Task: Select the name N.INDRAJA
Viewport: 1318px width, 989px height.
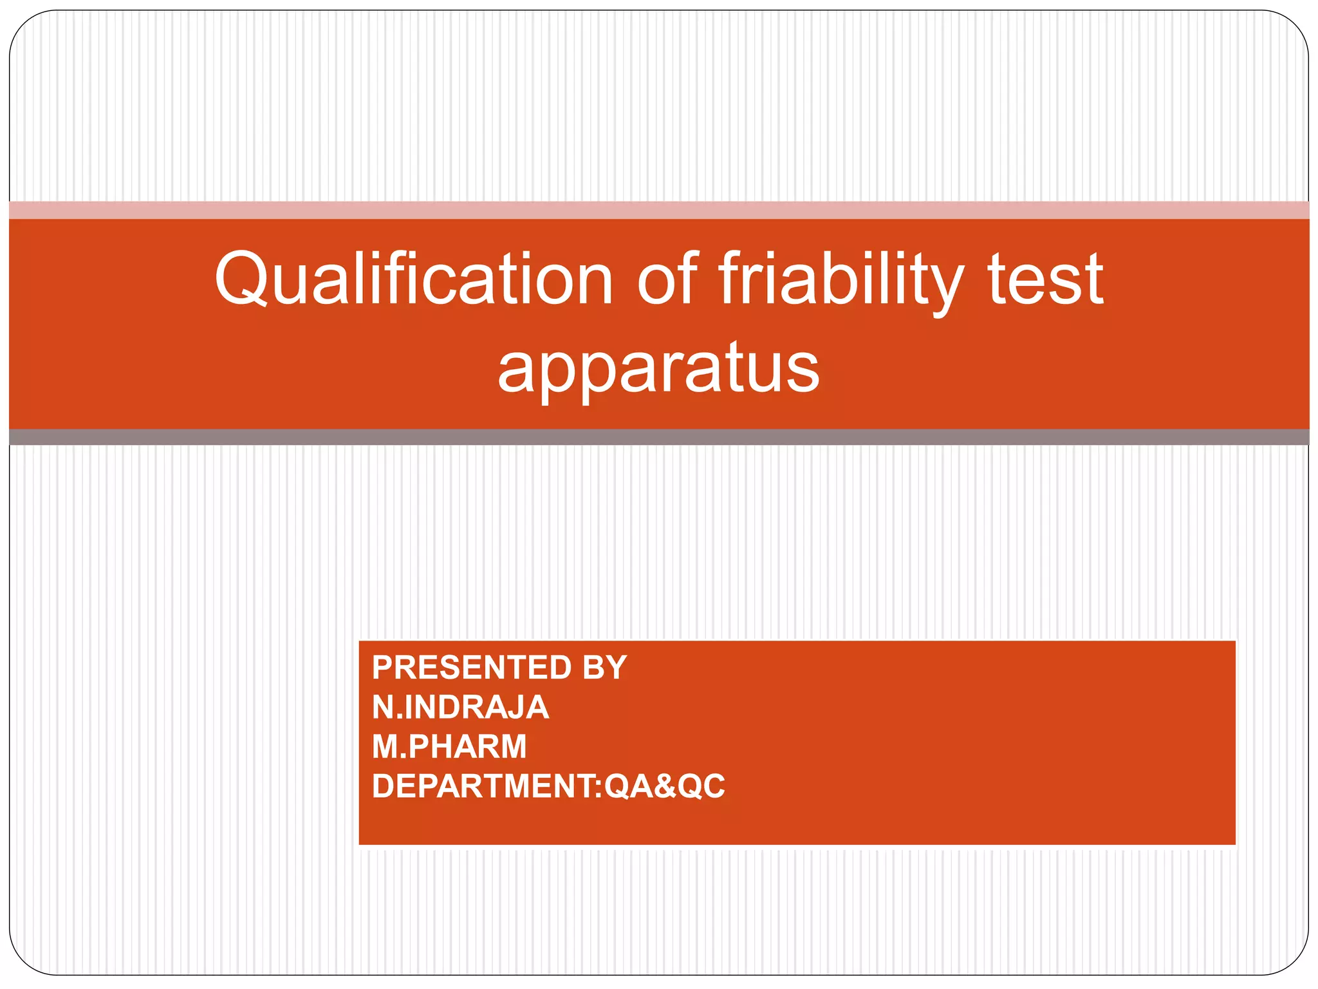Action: (x=460, y=708)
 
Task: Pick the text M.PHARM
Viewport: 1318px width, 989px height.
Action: (x=449, y=747)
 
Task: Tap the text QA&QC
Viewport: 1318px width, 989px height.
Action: (x=665, y=787)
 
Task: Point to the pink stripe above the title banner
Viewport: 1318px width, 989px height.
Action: (x=659, y=211)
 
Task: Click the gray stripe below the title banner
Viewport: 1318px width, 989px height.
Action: (x=659, y=437)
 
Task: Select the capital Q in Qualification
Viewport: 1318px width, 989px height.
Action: (x=243, y=279)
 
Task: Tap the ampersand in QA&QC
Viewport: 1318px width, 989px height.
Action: (x=664, y=787)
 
